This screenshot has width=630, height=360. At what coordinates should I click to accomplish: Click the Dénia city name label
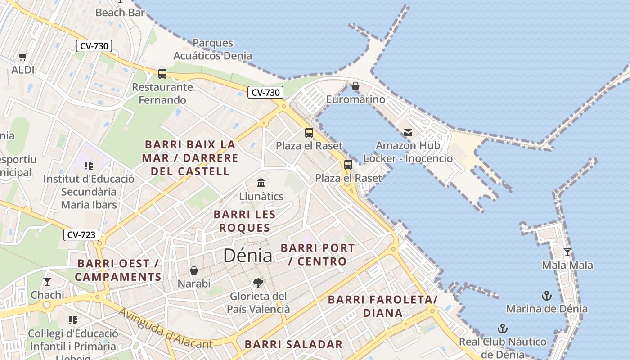coord(247,256)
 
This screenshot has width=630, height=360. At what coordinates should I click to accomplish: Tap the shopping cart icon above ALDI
coord(22,57)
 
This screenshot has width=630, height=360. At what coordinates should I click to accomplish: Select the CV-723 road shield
coord(81,234)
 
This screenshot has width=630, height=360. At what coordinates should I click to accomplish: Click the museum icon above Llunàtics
coord(261,183)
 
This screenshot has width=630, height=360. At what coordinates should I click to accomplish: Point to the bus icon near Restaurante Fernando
coord(162,73)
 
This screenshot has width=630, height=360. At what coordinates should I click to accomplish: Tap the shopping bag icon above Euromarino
coord(355,85)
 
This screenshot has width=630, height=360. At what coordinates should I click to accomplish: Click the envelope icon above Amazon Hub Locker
coord(408,132)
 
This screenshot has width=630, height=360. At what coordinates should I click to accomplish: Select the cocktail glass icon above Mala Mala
coord(567,252)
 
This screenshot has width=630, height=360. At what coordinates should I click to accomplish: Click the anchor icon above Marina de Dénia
coord(547,296)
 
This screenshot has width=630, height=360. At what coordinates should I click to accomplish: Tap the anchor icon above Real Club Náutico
coord(502,328)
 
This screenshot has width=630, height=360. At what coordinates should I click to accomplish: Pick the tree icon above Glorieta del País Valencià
coord(258,283)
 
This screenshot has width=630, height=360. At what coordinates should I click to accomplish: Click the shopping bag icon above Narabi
coord(194,270)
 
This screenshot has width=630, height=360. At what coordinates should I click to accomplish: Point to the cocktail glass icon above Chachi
coord(47,282)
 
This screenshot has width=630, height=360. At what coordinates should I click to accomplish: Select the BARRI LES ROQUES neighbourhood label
coord(244,221)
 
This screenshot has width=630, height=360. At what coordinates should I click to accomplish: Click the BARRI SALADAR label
coord(293,345)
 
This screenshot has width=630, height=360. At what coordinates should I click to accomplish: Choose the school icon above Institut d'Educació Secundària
coord(89,165)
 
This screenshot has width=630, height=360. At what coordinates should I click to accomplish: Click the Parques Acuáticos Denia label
coord(212,49)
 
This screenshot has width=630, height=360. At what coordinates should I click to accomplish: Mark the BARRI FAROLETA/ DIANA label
coord(382,306)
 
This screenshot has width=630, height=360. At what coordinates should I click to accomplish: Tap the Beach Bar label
coord(120,13)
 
